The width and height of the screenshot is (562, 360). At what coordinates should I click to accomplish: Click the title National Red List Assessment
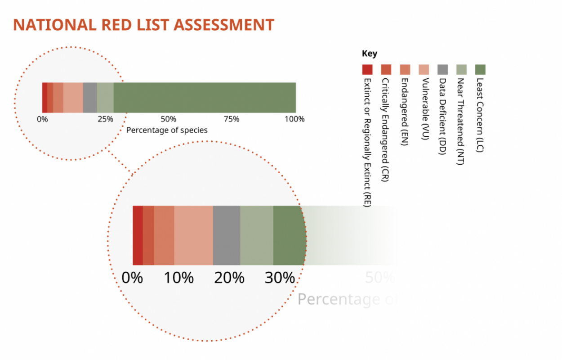click(143, 25)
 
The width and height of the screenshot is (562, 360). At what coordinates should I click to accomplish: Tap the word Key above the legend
click(370, 54)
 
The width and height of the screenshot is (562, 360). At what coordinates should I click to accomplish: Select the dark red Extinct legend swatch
click(367, 69)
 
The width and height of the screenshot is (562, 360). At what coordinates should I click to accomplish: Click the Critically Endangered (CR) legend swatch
click(386, 69)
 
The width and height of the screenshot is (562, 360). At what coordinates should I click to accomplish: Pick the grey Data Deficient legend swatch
click(442, 69)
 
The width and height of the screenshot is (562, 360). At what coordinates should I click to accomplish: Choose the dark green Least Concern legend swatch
click(480, 69)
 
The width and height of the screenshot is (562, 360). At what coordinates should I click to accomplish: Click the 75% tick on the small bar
click(232, 119)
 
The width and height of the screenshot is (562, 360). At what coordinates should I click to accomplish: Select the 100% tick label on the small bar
click(295, 119)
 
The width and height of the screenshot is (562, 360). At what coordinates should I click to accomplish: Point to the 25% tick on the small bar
click(106, 119)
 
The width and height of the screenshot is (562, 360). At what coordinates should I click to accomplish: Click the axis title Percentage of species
click(167, 130)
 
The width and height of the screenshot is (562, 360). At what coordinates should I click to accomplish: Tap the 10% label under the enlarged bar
click(178, 278)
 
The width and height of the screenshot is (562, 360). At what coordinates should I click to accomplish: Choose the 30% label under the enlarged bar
click(280, 278)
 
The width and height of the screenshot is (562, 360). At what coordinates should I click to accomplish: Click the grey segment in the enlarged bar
click(227, 235)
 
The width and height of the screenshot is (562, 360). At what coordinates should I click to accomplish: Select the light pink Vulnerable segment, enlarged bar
click(193, 235)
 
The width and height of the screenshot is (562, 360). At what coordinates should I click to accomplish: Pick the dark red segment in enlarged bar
click(138, 235)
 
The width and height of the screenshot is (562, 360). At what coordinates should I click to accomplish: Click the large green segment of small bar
click(205, 98)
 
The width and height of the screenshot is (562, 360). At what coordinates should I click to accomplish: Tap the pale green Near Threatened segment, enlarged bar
click(256, 235)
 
